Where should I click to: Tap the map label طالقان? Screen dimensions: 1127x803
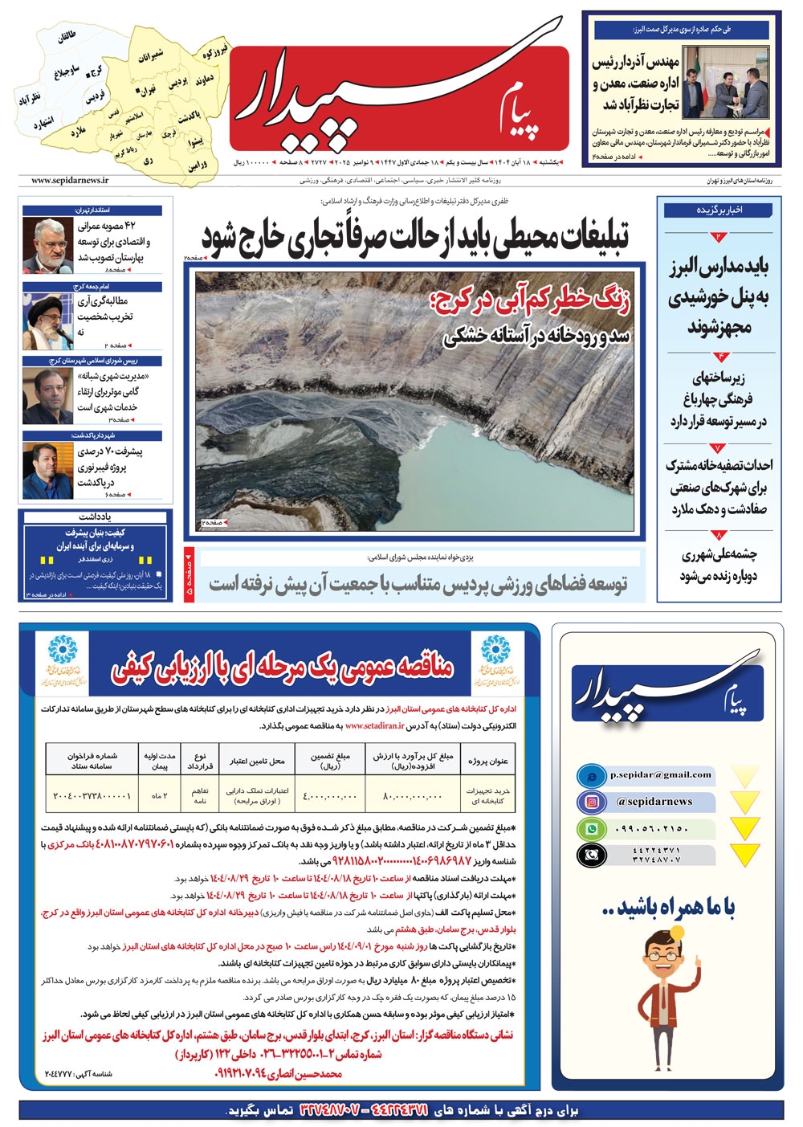coord(67,37)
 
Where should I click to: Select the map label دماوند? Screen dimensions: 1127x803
coord(204,80)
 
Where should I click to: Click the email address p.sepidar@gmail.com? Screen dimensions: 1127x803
coord(660,775)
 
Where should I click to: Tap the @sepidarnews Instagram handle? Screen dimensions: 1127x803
coord(654,802)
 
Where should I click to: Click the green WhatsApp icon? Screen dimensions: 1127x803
coord(591,829)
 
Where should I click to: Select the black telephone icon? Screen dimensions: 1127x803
coord(591,855)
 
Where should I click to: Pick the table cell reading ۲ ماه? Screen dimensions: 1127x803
coord(159,795)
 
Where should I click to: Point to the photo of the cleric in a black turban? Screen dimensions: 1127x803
coord(47,320)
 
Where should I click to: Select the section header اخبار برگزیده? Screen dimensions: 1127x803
coord(719,210)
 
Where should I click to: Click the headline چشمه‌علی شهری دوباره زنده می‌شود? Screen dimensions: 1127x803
coord(718,565)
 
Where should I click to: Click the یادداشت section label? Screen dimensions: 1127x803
coord(94,517)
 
